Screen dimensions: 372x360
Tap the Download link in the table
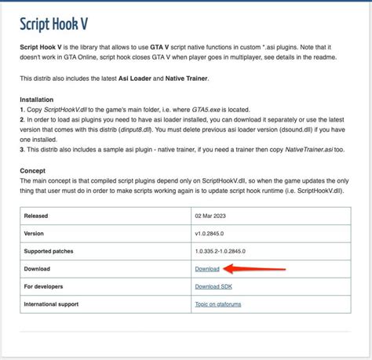(x=207, y=269)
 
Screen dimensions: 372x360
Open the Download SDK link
(x=213, y=286)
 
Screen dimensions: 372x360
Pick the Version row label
(x=35, y=233)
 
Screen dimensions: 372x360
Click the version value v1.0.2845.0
(x=214, y=233)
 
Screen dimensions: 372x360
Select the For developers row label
(x=46, y=286)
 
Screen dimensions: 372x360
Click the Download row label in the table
(x=38, y=269)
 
